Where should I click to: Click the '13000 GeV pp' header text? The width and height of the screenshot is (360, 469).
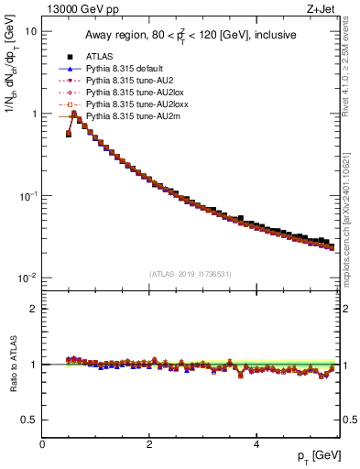80,10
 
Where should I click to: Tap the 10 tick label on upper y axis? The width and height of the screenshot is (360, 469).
30,31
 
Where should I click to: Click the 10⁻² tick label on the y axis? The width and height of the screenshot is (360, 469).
27,278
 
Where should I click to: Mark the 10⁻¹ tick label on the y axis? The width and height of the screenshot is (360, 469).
27,196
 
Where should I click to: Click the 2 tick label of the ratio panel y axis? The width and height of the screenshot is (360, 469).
34,309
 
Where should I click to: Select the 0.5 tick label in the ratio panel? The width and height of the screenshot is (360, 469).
29,420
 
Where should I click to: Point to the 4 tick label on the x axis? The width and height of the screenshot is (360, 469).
256,445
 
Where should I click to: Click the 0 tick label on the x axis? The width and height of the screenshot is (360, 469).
42,445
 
